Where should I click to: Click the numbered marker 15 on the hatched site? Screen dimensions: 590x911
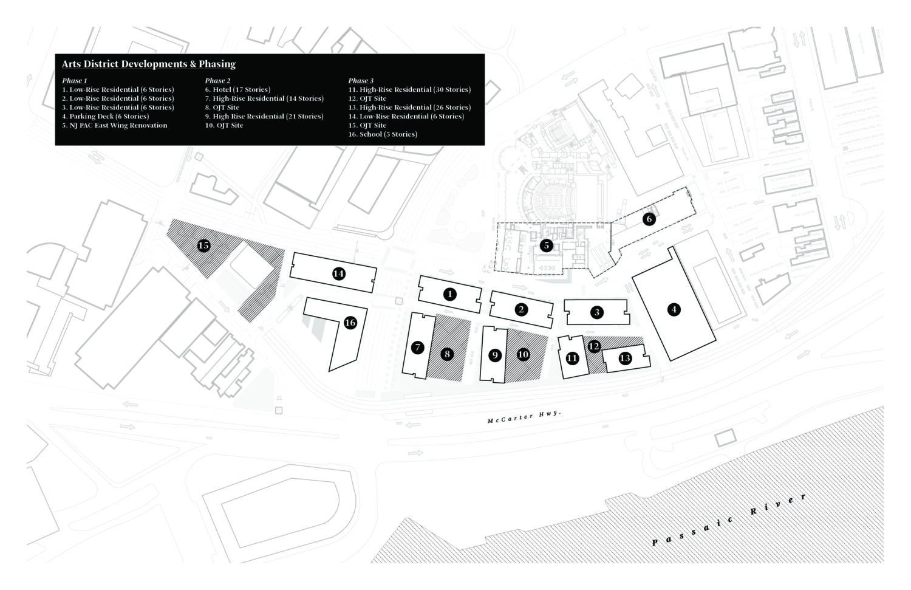click(204, 245)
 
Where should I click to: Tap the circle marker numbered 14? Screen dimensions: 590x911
click(339, 274)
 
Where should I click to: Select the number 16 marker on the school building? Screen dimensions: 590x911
click(350, 323)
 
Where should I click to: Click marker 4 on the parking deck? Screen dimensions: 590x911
click(674, 309)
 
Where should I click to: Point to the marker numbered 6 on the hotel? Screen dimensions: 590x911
click(649, 219)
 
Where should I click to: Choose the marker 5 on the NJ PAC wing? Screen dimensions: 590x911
click(547, 245)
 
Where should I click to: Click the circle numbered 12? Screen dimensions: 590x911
click(594, 346)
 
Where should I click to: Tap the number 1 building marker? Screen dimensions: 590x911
click(449, 294)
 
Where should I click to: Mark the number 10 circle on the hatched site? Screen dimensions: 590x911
click(523, 354)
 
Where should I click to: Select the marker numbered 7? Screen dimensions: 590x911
click(417, 348)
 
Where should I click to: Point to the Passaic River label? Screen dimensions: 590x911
click(729, 519)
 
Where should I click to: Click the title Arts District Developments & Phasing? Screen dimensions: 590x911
click(149, 64)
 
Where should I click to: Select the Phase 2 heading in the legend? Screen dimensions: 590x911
click(217, 80)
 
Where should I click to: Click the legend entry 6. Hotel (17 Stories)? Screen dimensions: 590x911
click(237, 89)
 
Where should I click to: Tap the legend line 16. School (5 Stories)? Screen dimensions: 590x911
click(383, 134)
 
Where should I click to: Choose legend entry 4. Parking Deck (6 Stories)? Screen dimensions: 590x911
click(105, 116)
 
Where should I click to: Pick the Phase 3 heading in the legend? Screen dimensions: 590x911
click(361, 80)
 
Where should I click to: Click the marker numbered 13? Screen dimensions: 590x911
click(625, 358)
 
